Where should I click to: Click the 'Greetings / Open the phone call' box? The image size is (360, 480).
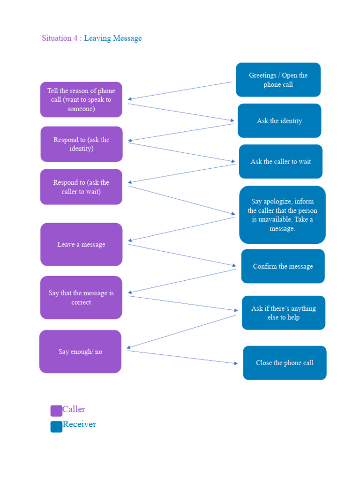278,80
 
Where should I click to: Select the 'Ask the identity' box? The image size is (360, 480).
279,121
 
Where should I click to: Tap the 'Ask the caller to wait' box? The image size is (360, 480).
280,162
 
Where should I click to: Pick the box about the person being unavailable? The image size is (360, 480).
282,215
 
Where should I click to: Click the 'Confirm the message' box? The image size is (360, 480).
283,266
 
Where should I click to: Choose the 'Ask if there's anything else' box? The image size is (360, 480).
283,313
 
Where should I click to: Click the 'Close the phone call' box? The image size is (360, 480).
285,363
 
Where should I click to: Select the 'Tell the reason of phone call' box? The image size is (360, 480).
81,99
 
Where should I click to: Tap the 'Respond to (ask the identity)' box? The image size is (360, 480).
82,144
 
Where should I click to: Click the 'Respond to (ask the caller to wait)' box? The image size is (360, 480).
81,187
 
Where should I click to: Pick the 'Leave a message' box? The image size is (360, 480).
82,244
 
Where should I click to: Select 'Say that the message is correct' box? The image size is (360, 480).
81,298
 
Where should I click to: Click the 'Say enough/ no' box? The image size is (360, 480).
80,352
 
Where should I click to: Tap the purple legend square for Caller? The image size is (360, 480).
56,411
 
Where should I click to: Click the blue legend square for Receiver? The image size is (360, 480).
56,427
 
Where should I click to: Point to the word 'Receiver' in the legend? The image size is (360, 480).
79,424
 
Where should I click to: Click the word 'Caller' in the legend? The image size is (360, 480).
74,409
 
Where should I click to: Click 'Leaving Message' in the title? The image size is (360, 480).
112,38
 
